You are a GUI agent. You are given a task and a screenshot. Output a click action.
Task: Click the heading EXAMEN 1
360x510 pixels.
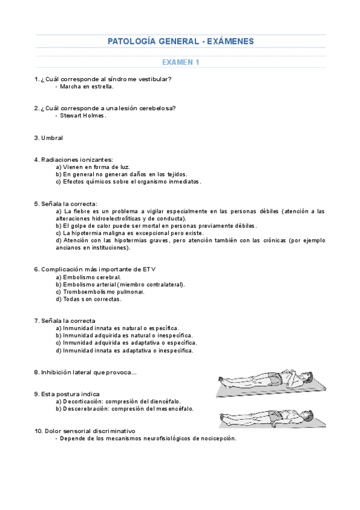pos(180,62)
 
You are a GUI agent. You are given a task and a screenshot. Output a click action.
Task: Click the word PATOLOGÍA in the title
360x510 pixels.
pos(132,41)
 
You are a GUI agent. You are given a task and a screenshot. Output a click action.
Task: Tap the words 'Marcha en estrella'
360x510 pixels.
pos(87,86)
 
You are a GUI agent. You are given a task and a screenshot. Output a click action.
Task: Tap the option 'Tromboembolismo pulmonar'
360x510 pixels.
pos(100,291)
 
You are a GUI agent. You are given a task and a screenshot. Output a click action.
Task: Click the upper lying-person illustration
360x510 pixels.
pos(266,382)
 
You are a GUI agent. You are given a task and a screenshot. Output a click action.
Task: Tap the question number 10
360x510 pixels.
pos(38,431)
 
